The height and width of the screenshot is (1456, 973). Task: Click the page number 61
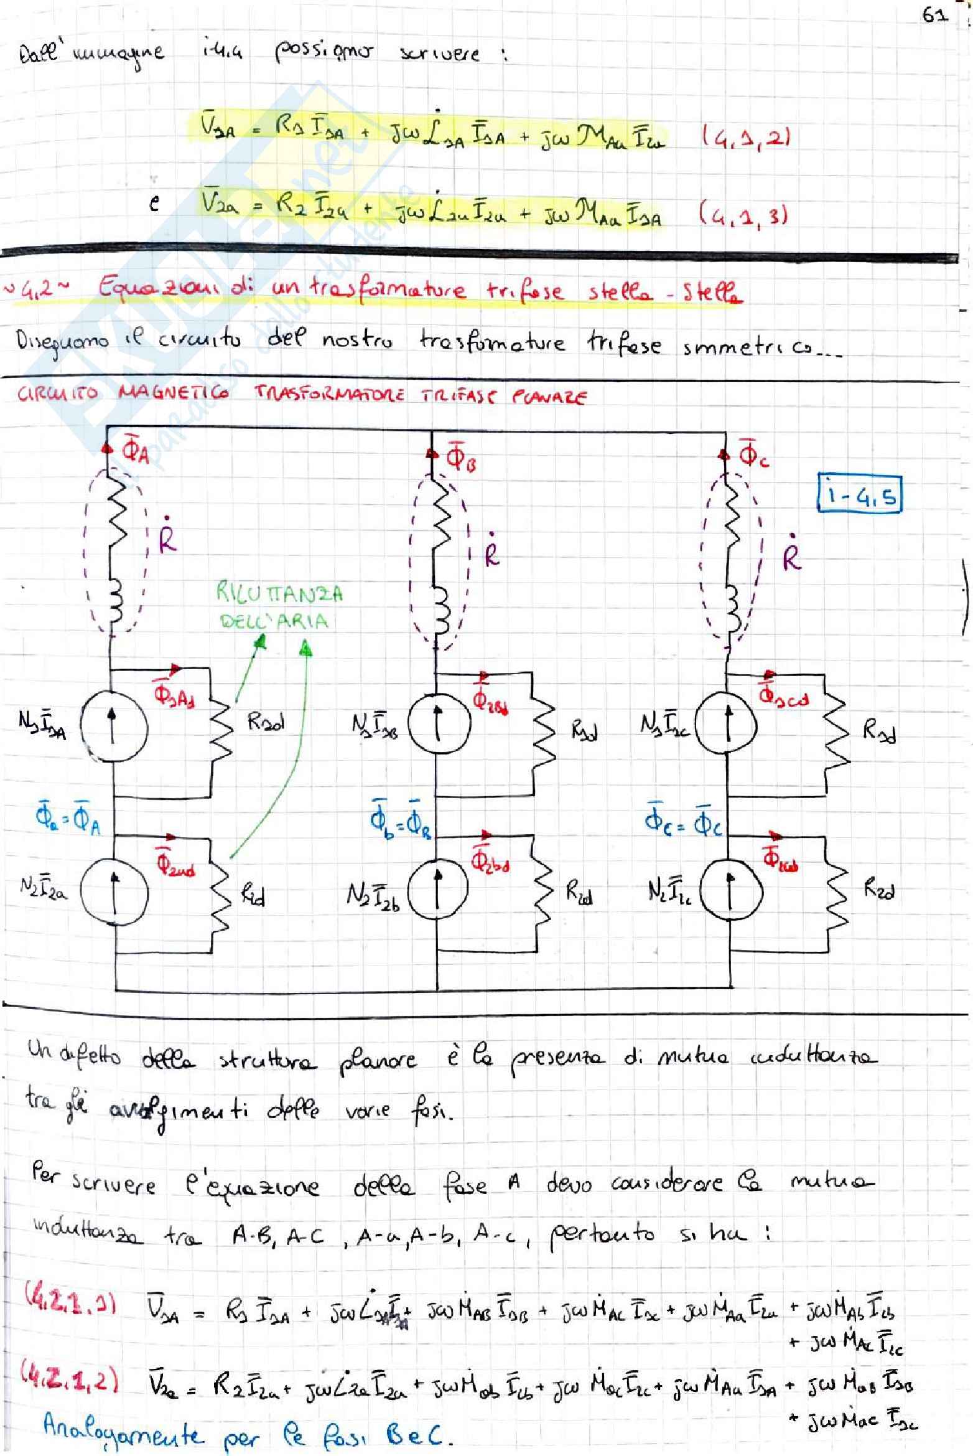click(934, 15)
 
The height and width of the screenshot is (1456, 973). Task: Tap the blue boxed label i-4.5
click(860, 496)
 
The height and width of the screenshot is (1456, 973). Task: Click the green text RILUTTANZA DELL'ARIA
click(278, 606)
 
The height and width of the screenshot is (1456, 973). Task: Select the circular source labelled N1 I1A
click(114, 726)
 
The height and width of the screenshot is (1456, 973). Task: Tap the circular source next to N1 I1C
click(726, 725)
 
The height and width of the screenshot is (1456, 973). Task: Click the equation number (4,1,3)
click(743, 215)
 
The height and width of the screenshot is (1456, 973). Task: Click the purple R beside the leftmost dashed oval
click(167, 541)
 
